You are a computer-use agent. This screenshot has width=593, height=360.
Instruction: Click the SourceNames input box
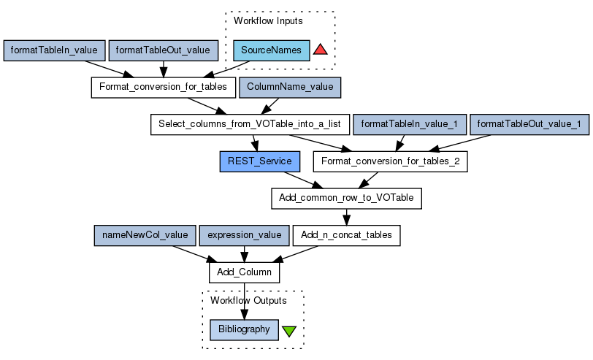coord(272,50)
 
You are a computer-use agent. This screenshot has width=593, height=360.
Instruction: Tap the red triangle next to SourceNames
coord(320,50)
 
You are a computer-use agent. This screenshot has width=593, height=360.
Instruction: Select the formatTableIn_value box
coord(54,50)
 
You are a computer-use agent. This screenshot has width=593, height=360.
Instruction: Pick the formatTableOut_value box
coord(164,50)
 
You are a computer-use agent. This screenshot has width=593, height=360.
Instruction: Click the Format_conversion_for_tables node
coord(163,88)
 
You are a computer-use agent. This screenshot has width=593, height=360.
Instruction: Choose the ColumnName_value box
coord(290,88)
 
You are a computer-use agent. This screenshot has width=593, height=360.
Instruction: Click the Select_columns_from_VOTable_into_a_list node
coord(250,124)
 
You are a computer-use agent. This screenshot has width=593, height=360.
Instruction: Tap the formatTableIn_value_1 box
coord(409,124)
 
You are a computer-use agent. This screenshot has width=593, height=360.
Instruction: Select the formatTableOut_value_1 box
coord(529,124)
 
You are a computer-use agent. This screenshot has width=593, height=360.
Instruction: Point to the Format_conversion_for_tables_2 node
coord(390,161)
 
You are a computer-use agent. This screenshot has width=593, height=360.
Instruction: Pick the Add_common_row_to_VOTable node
coord(346,198)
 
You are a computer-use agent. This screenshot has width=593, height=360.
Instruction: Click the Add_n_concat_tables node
coord(346,235)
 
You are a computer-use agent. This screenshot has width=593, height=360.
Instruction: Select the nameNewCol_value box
coord(145,235)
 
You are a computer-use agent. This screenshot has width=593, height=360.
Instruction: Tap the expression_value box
coord(244,235)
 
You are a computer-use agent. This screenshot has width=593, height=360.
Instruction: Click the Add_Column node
coord(245,272)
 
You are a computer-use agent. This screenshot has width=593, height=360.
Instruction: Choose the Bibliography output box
coord(244,329)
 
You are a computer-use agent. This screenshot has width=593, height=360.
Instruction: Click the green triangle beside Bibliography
coord(289,330)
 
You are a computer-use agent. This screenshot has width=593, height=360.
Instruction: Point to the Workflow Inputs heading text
coord(268,20)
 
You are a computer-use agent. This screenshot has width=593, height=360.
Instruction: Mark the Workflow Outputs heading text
coord(248,300)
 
